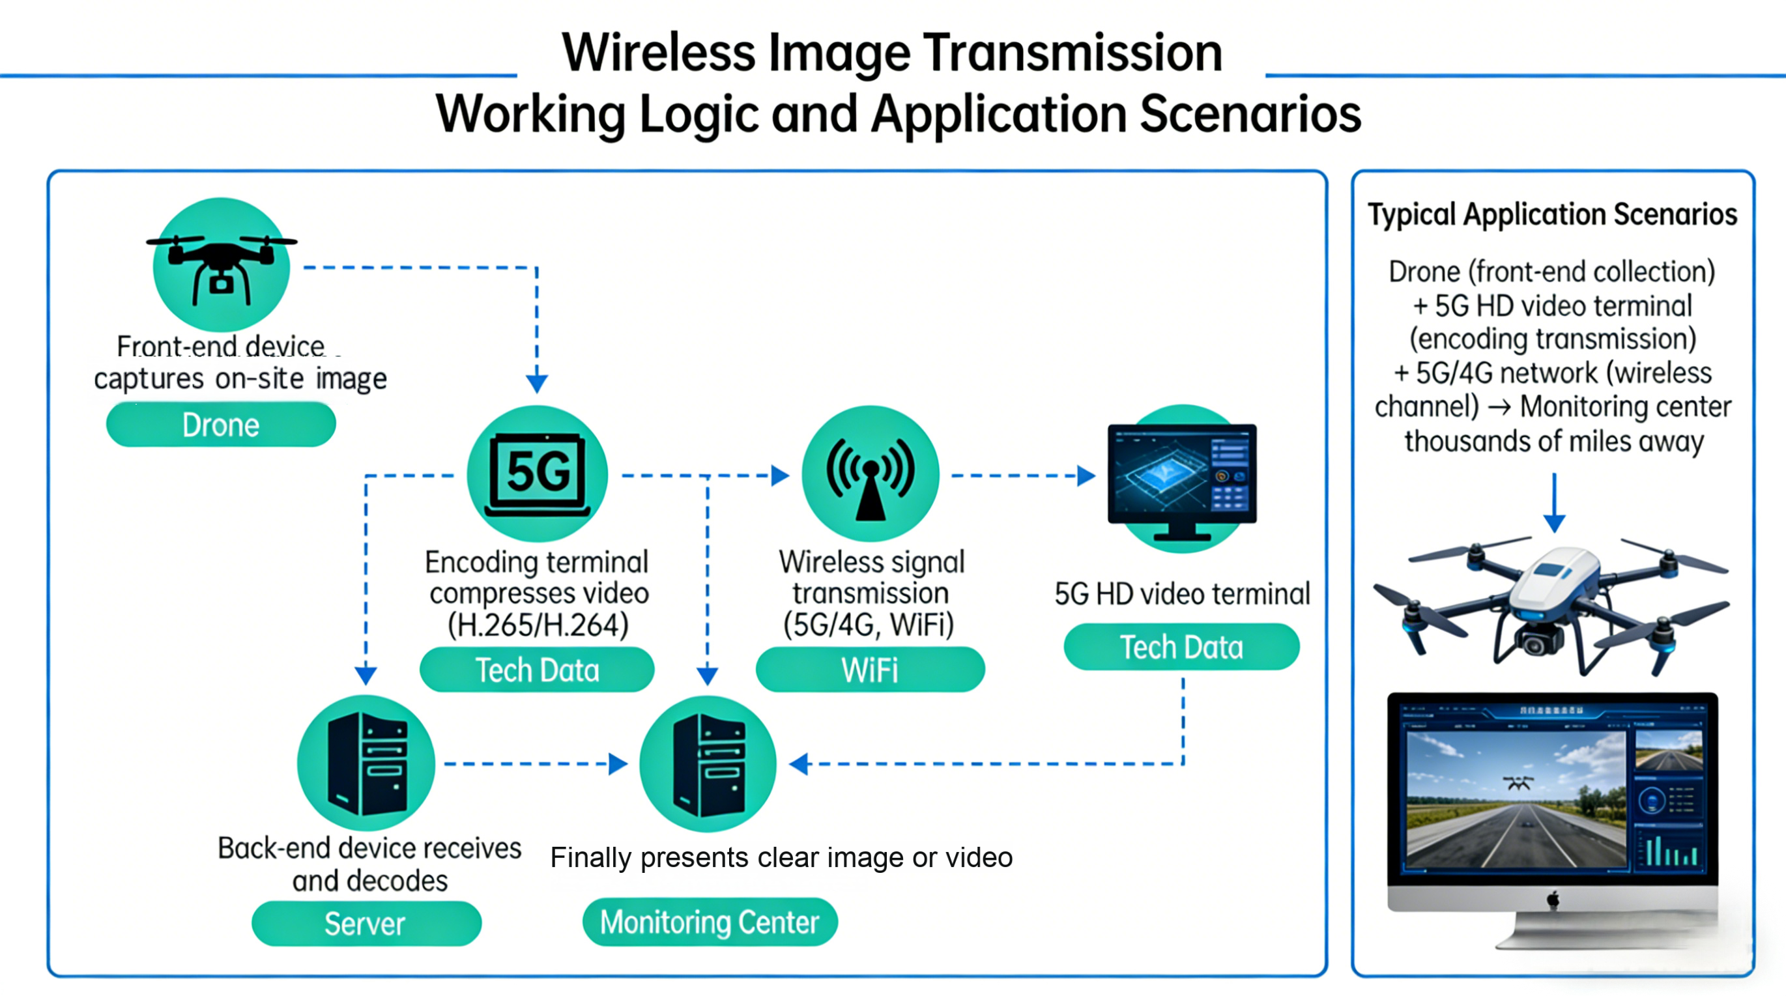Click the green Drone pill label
tap(220, 424)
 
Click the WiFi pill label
tap(869, 670)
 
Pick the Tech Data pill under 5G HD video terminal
tap(1181, 647)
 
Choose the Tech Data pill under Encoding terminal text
tap(537, 670)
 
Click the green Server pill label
tap(366, 923)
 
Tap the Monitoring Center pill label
tap(710, 922)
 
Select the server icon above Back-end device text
tap(366, 764)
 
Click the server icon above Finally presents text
tap(708, 764)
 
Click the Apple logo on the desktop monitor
tap(1553, 899)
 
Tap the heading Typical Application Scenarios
tap(1552, 214)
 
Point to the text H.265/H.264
tap(538, 625)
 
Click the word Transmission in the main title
tap(1072, 53)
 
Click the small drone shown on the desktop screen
tap(1518, 784)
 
